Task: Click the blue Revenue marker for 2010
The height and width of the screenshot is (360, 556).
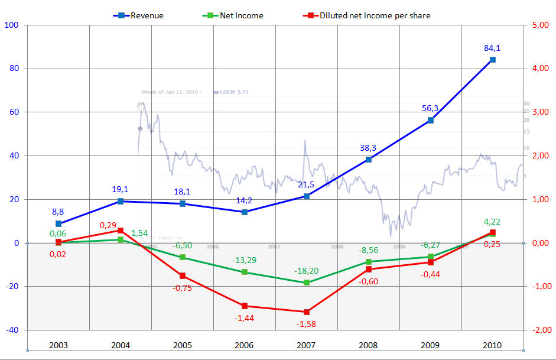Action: click(493, 60)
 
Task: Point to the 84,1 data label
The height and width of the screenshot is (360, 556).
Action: click(493, 48)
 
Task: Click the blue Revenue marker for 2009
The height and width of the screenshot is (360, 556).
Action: click(431, 120)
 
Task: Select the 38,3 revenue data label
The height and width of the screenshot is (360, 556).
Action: click(369, 147)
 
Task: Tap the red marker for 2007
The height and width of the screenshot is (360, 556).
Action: click(307, 312)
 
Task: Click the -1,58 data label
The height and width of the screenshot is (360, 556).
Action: click(307, 324)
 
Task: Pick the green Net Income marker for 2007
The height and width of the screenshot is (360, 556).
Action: click(307, 283)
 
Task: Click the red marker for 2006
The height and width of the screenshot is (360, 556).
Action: click(245, 306)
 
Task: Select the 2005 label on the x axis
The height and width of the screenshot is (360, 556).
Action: click(182, 344)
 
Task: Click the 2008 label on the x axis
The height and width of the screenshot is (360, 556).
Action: click(369, 344)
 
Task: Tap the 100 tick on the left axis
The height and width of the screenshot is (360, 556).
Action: click(12, 25)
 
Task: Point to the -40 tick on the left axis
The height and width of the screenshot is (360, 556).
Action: click(12, 330)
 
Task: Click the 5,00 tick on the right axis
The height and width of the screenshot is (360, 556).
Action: click(541, 25)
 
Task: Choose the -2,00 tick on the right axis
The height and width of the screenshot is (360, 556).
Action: click(541, 330)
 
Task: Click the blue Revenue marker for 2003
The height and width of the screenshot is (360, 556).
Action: click(58, 223)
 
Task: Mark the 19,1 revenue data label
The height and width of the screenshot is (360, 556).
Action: click(121, 190)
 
